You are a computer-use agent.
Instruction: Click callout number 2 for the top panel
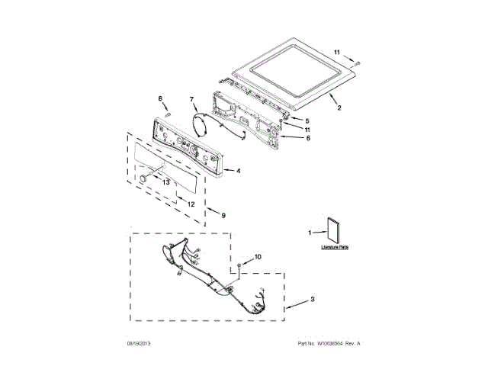click(340, 109)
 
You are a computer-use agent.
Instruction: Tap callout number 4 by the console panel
click(239, 171)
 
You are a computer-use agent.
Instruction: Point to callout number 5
click(308, 121)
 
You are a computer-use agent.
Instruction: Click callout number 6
click(308, 139)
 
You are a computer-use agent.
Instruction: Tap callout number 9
click(223, 216)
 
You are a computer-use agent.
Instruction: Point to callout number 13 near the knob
click(165, 181)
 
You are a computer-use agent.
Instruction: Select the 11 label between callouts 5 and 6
click(308, 130)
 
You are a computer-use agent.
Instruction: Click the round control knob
click(142, 177)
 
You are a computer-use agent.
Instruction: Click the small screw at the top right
click(356, 61)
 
